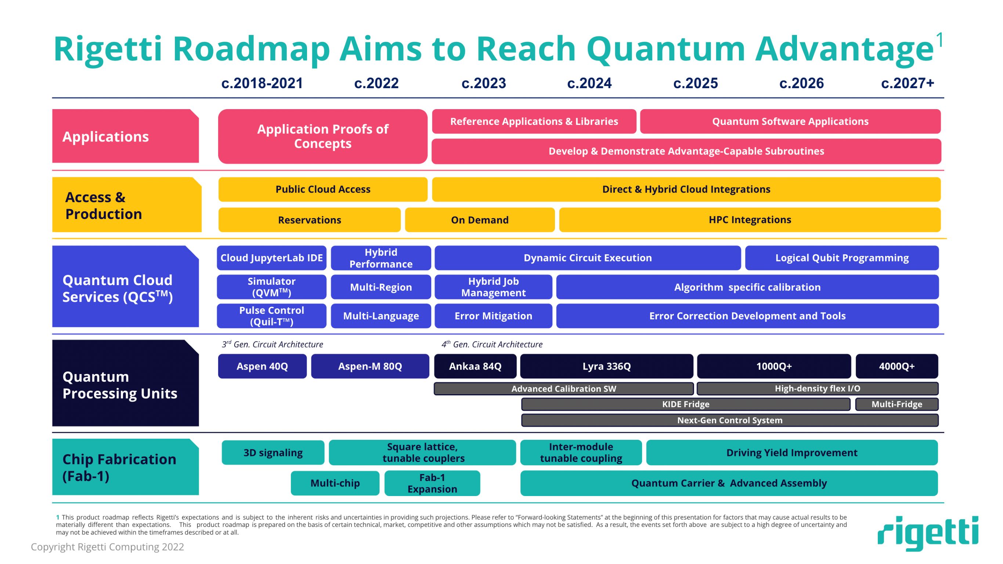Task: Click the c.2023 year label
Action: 484,83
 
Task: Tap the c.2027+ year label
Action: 907,83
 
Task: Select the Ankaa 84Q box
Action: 475,366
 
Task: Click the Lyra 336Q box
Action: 606,366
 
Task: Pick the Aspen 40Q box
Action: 262,366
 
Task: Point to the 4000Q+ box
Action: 896,366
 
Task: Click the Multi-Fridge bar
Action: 896,404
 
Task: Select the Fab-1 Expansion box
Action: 432,483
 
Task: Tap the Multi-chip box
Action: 335,483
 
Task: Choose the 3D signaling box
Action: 273,453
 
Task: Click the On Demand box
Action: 479,220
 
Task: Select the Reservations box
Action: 309,220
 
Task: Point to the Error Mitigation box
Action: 493,316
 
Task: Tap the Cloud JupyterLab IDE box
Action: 271,258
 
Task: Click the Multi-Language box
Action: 380,316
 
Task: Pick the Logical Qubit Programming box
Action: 841,258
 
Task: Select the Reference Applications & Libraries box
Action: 534,122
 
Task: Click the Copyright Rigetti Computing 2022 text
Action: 107,547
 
